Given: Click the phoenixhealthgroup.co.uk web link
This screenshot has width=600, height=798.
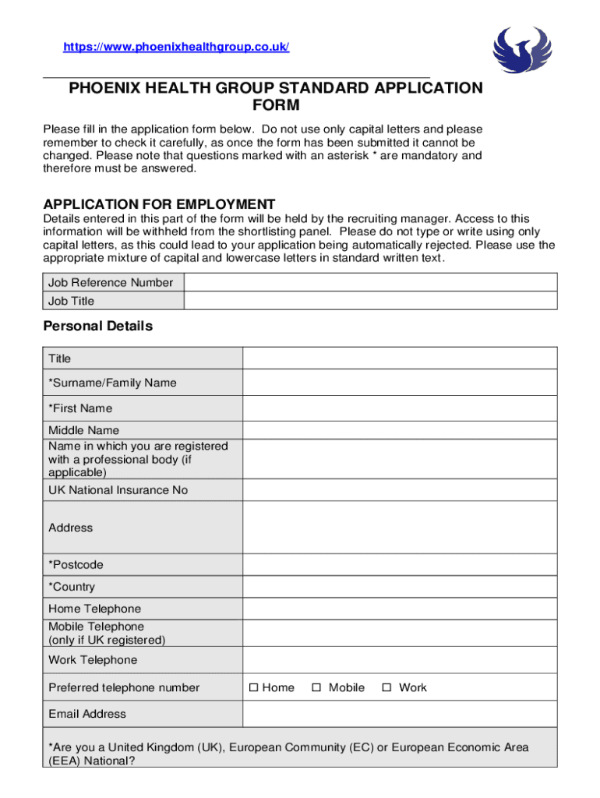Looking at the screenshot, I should pyautogui.click(x=176, y=48).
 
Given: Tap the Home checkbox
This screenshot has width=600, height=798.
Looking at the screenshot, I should pyautogui.click(x=253, y=687).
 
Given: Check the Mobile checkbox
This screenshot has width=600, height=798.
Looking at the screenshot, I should pyautogui.click(x=316, y=687).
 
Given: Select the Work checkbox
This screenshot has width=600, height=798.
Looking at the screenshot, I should pyautogui.click(x=386, y=687).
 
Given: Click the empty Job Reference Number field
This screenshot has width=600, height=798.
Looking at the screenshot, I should pyautogui.click(x=370, y=282).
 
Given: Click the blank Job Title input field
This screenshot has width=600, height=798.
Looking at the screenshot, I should pyautogui.click(x=370, y=301).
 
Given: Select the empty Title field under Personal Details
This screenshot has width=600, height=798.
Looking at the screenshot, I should pyautogui.click(x=400, y=358).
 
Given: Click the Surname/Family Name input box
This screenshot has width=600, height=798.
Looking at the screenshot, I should pyautogui.click(x=400, y=383).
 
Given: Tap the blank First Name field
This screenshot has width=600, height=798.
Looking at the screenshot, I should pyautogui.click(x=400, y=408).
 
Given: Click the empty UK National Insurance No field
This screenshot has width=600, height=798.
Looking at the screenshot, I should pyautogui.click(x=400, y=490).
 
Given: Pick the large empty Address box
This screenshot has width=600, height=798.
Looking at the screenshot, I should pyautogui.click(x=400, y=528).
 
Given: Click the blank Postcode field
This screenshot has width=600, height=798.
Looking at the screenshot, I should pyautogui.click(x=400, y=564).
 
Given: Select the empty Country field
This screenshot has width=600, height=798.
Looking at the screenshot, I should pyautogui.click(x=400, y=587).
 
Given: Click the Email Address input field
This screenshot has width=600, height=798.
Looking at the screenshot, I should pyautogui.click(x=400, y=714).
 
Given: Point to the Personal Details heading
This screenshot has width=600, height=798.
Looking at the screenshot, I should pyautogui.click(x=98, y=327).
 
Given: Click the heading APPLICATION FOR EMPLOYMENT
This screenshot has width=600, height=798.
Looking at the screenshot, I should pyautogui.click(x=159, y=204).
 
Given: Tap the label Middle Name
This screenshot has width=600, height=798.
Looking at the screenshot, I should pyautogui.click(x=84, y=430).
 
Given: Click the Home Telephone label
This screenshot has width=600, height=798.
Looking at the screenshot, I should pyautogui.click(x=95, y=609).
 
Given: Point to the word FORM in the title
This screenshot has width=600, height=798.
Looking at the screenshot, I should pyautogui.click(x=276, y=105).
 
